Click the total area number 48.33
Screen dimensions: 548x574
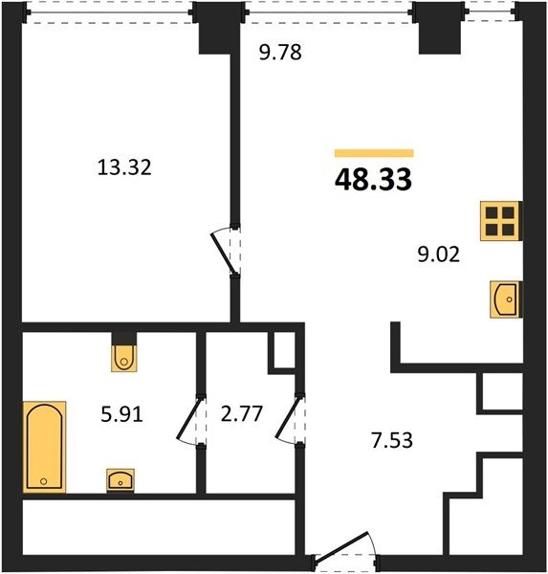tap(373, 180)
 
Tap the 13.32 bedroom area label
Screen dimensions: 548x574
tap(124, 167)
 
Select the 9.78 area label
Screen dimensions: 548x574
tap(280, 52)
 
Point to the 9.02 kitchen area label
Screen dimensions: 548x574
tap(439, 254)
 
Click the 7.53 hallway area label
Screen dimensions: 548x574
tap(392, 440)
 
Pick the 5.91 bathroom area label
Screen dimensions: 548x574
tap(121, 415)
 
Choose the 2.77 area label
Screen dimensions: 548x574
tap(242, 413)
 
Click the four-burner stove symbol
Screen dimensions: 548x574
tap(499, 221)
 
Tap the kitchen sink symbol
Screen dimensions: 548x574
tap(505, 299)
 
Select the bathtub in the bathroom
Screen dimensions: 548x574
tap(44, 447)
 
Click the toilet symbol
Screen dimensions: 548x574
tap(124, 358)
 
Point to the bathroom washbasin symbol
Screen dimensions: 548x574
tap(121, 480)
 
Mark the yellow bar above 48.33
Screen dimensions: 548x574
tap(374, 153)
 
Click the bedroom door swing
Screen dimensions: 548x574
tap(223, 253)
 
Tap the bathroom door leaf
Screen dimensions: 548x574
tap(189, 418)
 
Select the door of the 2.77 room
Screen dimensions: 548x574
tap(289, 417)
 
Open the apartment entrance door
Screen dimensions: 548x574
tap(342, 545)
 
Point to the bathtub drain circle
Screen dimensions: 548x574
tap(44, 481)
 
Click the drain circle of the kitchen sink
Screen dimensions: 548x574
tap(510, 299)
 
